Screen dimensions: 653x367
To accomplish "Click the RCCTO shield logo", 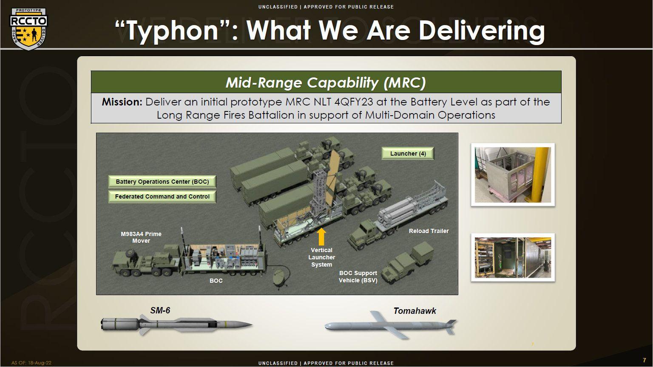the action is [x=28, y=29].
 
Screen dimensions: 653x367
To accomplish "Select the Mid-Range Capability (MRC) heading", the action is [x=326, y=83].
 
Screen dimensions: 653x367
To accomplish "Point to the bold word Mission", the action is [x=122, y=102].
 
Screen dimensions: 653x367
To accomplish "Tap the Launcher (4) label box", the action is [x=408, y=154].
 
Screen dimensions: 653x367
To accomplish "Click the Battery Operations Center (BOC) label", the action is [x=162, y=182].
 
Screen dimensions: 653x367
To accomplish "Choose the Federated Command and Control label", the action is [x=162, y=196].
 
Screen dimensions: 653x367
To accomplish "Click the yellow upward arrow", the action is [x=321, y=236].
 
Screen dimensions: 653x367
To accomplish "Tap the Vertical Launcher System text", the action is [x=321, y=257].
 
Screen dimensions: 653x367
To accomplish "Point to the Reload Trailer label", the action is [x=429, y=231].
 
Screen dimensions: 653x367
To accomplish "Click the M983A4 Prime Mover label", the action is [x=141, y=237].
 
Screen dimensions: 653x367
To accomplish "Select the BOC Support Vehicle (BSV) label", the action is [x=358, y=277].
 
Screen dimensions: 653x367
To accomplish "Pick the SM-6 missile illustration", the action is [x=176, y=324].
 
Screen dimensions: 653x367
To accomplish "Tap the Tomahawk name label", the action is [x=415, y=311].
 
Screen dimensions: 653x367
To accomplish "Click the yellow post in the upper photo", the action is [x=541, y=175].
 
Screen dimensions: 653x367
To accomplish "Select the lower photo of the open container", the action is [x=513, y=257].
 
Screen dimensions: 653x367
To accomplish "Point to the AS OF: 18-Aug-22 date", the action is [x=31, y=363].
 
